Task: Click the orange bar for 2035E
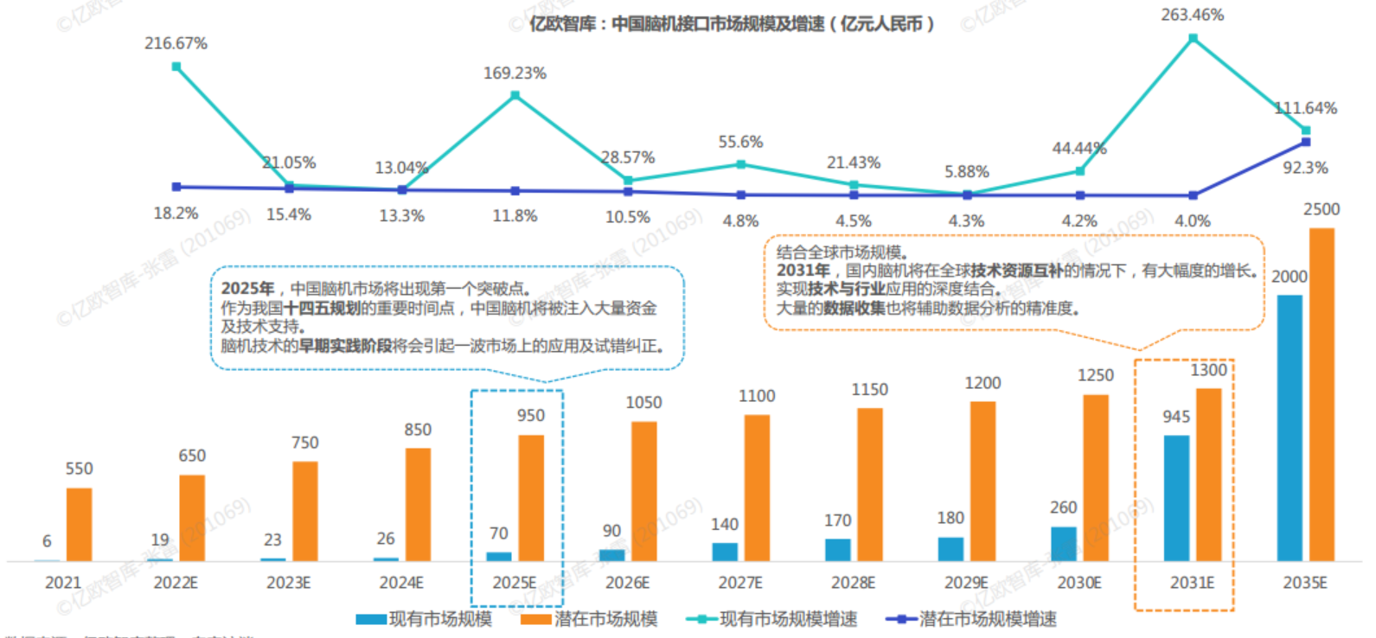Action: click(1321, 394)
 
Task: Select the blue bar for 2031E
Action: click(1176, 498)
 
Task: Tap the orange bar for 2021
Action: click(79, 524)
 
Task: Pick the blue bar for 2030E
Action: click(1063, 544)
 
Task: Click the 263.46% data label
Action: click(1192, 15)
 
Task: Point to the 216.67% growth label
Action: click(176, 43)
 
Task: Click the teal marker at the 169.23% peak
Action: click(515, 95)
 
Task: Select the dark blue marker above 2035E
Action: click(1305, 142)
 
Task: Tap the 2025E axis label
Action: click(515, 583)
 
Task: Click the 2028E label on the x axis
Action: click(853, 583)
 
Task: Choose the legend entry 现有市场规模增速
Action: click(788, 619)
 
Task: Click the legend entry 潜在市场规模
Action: click(605, 619)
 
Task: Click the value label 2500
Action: click(1322, 209)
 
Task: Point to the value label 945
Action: click(1176, 417)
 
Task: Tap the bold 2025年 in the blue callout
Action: click(247, 289)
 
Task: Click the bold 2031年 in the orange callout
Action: click(803, 271)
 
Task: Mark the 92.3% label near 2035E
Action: click(1305, 168)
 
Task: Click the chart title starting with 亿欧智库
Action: click(731, 24)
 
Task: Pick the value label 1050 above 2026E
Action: click(643, 403)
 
